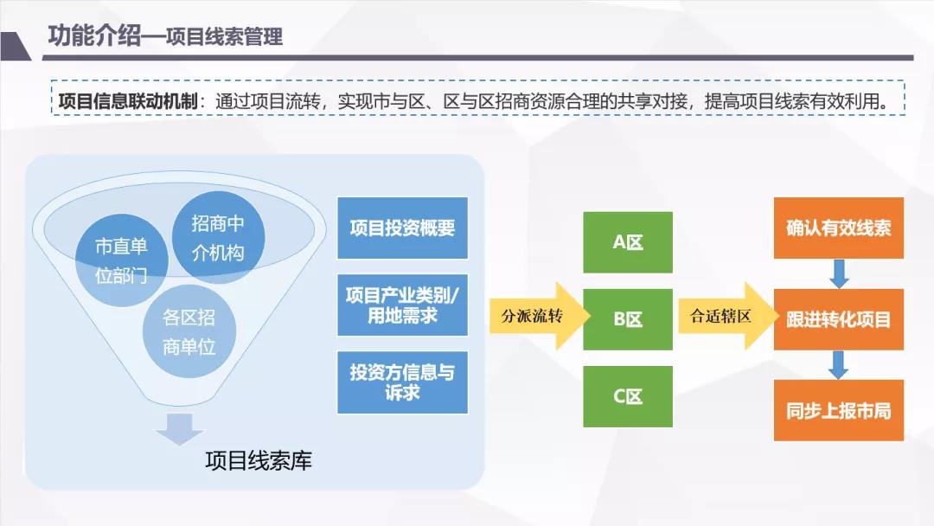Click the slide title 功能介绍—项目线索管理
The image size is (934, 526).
pyautogui.click(x=165, y=37)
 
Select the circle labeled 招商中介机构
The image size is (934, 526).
pyautogui.click(x=218, y=238)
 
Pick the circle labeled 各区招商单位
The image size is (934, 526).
pyautogui.click(x=189, y=332)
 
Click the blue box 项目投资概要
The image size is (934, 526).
pyautogui.click(x=402, y=228)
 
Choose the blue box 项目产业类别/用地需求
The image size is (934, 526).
pyautogui.click(x=402, y=305)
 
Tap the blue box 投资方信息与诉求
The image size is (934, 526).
pyautogui.click(x=402, y=382)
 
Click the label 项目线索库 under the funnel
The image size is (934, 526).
pyautogui.click(x=259, y=460)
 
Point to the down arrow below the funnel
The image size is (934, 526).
pyautogui.click(x=179, y=428)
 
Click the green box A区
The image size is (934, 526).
pyautogui.click(x=628, y=242)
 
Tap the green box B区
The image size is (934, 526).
pyautogui.click(x=628, y=319)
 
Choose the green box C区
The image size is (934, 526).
pyautogui.click(x=628, y=396)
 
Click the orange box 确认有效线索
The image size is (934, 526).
pyautogui.click(x=838, y=228)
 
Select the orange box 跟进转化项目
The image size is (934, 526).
pyautogui.click(x=838, y=319)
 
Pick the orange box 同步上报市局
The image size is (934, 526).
pyautogui.click(x=838, y=410)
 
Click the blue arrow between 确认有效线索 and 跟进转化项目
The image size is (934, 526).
pyautogui.click(x=838, y=274)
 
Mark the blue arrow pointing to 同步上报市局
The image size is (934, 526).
pyautogui.click(x=838, y=364)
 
